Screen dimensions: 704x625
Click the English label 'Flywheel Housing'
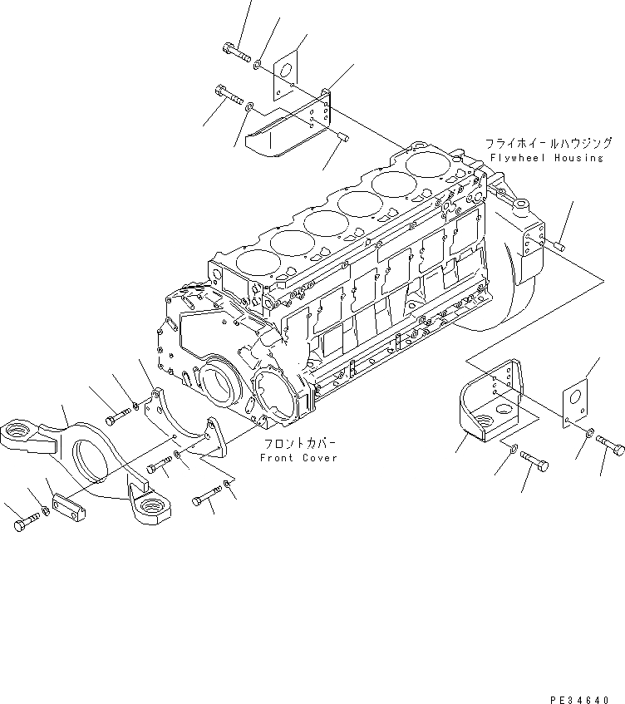pos(545,158)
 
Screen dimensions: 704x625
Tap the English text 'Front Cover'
pos(298,458)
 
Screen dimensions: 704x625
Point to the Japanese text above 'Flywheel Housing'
pos(540,143)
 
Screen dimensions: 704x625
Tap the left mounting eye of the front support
pos(26,433)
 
